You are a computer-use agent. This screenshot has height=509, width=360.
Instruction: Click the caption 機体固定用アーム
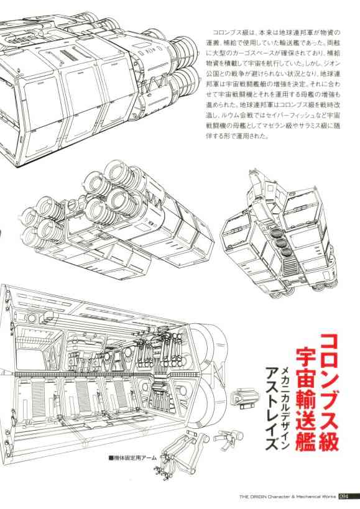point(135,458)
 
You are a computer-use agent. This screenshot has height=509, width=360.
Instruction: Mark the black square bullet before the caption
point(111,459)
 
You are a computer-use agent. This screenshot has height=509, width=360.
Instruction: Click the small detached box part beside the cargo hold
point(246,398)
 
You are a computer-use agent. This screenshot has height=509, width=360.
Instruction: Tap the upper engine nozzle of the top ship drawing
point(183,49)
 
